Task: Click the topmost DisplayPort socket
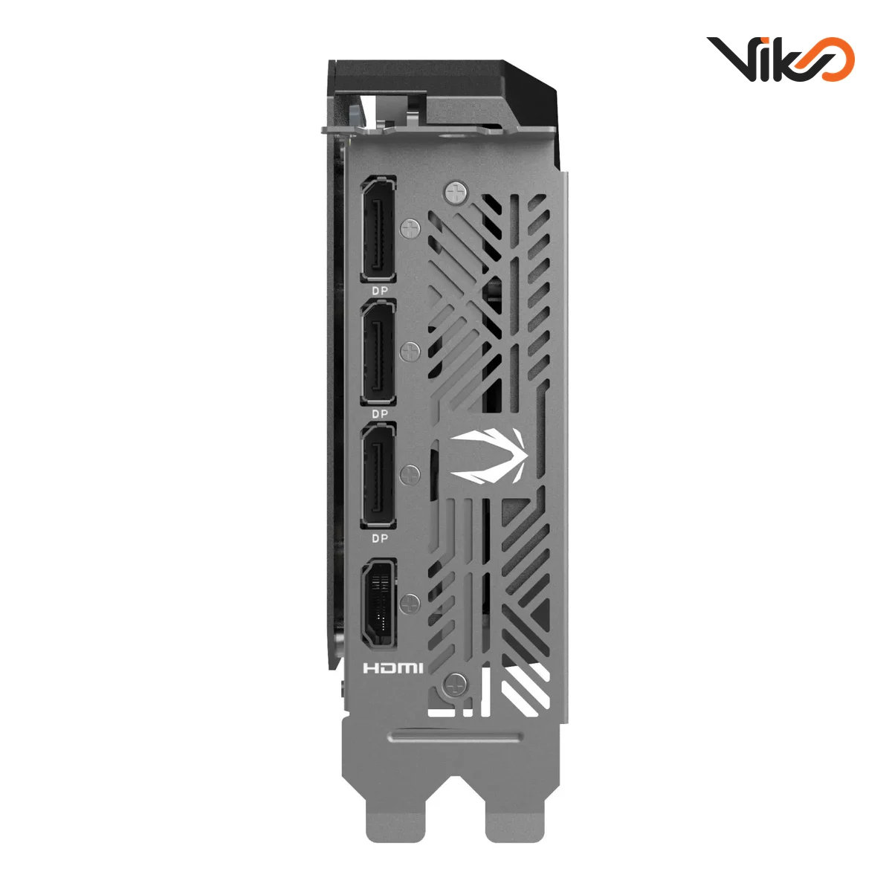378,230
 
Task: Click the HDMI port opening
378,604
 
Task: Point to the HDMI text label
393,668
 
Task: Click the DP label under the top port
380,291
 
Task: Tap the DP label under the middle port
380,413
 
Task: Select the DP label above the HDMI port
380,537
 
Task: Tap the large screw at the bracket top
456,193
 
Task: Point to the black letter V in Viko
731,58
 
